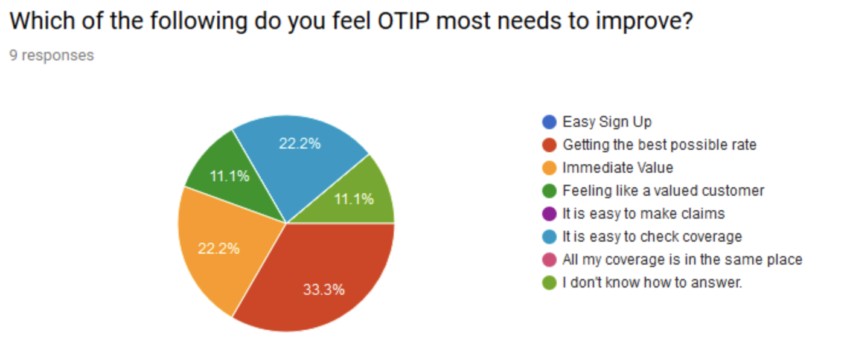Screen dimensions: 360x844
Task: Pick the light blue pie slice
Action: [299, 157]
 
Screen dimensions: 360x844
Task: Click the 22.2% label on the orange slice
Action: [219, 248]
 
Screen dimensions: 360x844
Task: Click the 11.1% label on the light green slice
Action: [354, 199]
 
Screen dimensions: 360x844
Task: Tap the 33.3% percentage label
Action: [324, 289]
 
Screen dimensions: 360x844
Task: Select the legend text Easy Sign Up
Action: [607, 122]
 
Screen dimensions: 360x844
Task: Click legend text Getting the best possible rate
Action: [659, 145]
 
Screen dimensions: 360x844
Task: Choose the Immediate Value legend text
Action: [618, 168]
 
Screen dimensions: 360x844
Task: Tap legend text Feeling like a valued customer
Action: [663, 191]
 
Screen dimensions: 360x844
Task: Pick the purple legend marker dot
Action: [549, 214]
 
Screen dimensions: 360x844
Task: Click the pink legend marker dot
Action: [549, 260]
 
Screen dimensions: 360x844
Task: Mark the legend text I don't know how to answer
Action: [652, 282]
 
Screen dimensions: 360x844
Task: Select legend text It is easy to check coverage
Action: [652, 237]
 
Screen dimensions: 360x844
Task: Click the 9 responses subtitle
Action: [52, 56]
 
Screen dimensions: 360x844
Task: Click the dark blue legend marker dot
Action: [549, 122]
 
